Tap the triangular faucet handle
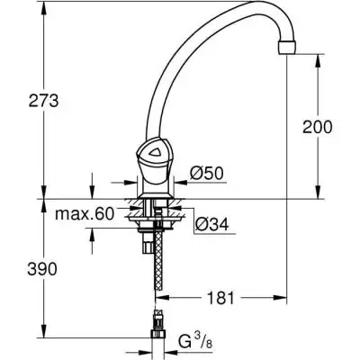pyautogui.click(x=153, y=156)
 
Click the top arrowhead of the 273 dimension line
pyautogui.click(x=44, y=9)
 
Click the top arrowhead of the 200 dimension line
pyautogui.click(x=317, y=59)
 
